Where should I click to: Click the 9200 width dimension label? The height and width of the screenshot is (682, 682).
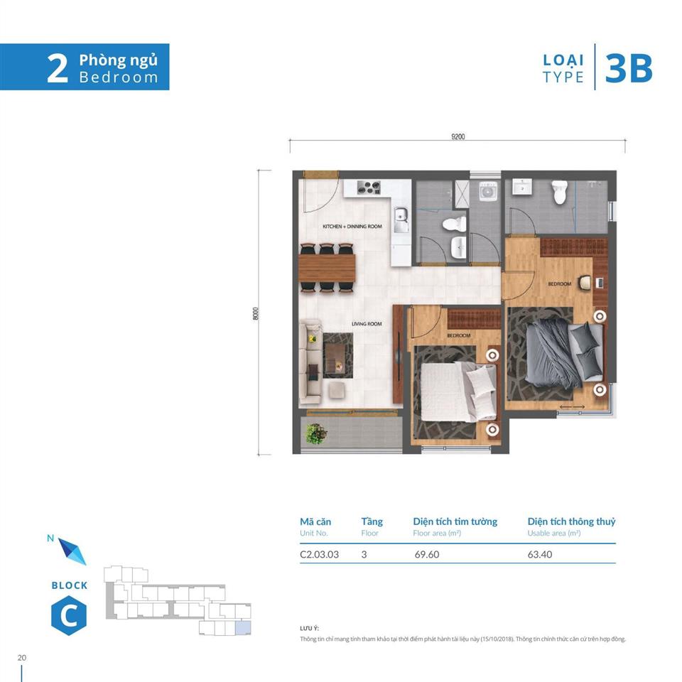tap(458, 137)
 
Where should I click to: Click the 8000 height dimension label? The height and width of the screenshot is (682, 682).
tap(256, 313)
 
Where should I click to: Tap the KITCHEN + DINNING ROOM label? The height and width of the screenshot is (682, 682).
tap(352, 227)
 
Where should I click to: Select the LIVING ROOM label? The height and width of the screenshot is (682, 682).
tap(367, 324)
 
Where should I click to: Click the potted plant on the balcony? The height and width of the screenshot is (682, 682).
tap(314, 431)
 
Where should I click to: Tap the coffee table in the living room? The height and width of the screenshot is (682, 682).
tap(338, 354)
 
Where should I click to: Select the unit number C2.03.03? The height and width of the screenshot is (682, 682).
tap(319, 555)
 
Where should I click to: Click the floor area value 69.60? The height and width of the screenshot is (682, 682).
tap(427, 555)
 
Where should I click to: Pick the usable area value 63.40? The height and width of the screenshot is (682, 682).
tap(541, 555)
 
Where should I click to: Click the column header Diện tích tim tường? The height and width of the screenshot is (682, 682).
tap(455, 521)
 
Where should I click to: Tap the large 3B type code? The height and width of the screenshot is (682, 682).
tap(628, 69)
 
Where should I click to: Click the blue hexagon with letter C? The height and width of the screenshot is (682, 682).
tap(69, 615)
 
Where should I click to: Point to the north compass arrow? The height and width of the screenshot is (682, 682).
tap(72, 551)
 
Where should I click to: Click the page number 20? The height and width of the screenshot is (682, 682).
tap(22, 657)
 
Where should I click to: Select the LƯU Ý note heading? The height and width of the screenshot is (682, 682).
tap(310, 629)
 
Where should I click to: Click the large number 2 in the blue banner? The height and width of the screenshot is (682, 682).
tap(58, 68)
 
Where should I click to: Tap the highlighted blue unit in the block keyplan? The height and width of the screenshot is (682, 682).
tap(243, 627)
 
